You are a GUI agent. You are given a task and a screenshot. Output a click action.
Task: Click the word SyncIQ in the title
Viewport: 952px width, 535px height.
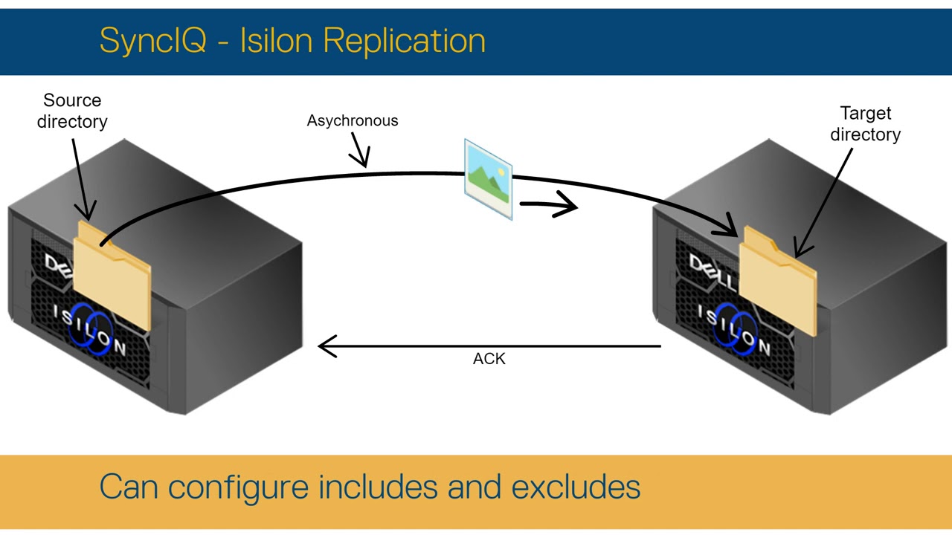pyautogui.click(x=152, y=40)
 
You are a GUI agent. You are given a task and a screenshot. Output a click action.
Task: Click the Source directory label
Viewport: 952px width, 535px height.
pyautogui.click(x=72, y=111)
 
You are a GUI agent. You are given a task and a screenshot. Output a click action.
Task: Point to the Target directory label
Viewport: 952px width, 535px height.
pyautogui.click(x=865, y=123)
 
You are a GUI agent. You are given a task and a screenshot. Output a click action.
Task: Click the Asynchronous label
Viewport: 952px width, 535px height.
pyautogui.click(x=353, y=120)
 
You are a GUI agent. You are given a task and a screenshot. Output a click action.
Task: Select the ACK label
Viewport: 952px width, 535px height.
pyautogui.click(x=489, y=359)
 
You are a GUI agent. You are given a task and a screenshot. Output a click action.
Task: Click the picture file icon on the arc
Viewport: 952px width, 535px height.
pyautogui.click(x=488, y=179)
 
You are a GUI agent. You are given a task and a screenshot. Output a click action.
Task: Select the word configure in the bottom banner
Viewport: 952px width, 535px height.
pyautogui.click(x=238, y=487)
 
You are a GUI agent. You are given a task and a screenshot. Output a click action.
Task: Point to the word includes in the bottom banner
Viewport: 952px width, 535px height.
pyautogui.click(x=379, y=487)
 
